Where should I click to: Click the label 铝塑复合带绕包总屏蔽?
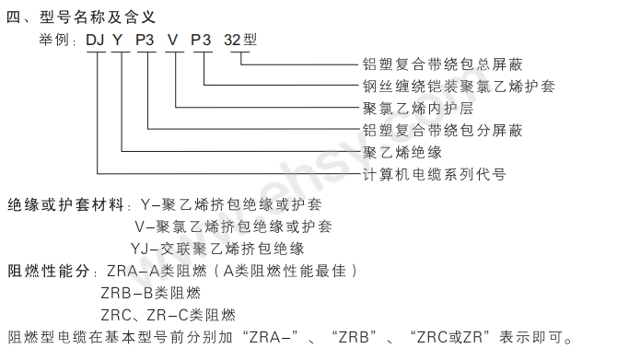click(x=443, y=64)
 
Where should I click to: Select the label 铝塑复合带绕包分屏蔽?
click(x=443, y=130)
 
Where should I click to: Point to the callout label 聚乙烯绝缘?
click(x=402, y=152)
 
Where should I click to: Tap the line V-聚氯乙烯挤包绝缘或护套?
click(x=234, y=226)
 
